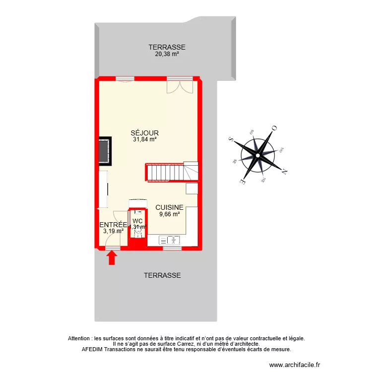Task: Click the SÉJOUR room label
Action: click(x=144, y=133)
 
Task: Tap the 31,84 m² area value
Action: click(x=144, y=140)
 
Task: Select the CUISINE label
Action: click(x=170, y=208)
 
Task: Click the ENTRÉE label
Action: click(x=114, y=225)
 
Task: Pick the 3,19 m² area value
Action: click(x=113, y=231)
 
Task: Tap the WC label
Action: click(x=138, y=221)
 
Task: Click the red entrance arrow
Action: click(x=112, y=257)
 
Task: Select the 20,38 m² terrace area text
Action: click(x=167, y=55)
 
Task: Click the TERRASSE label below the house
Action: click(x=162, y=275)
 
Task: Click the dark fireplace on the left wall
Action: click(x=104, y=151)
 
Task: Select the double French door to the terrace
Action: click(x=180, y=85)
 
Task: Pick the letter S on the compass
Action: click(x=230, y=140)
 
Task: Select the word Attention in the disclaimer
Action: click(x=80, y=338)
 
